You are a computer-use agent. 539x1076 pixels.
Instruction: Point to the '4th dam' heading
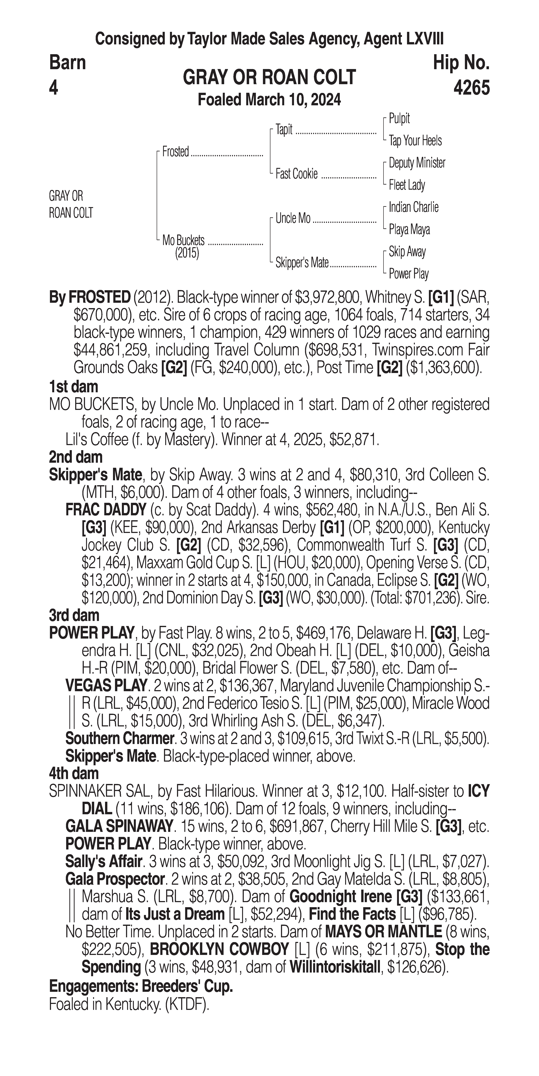[x=74, y=773]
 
